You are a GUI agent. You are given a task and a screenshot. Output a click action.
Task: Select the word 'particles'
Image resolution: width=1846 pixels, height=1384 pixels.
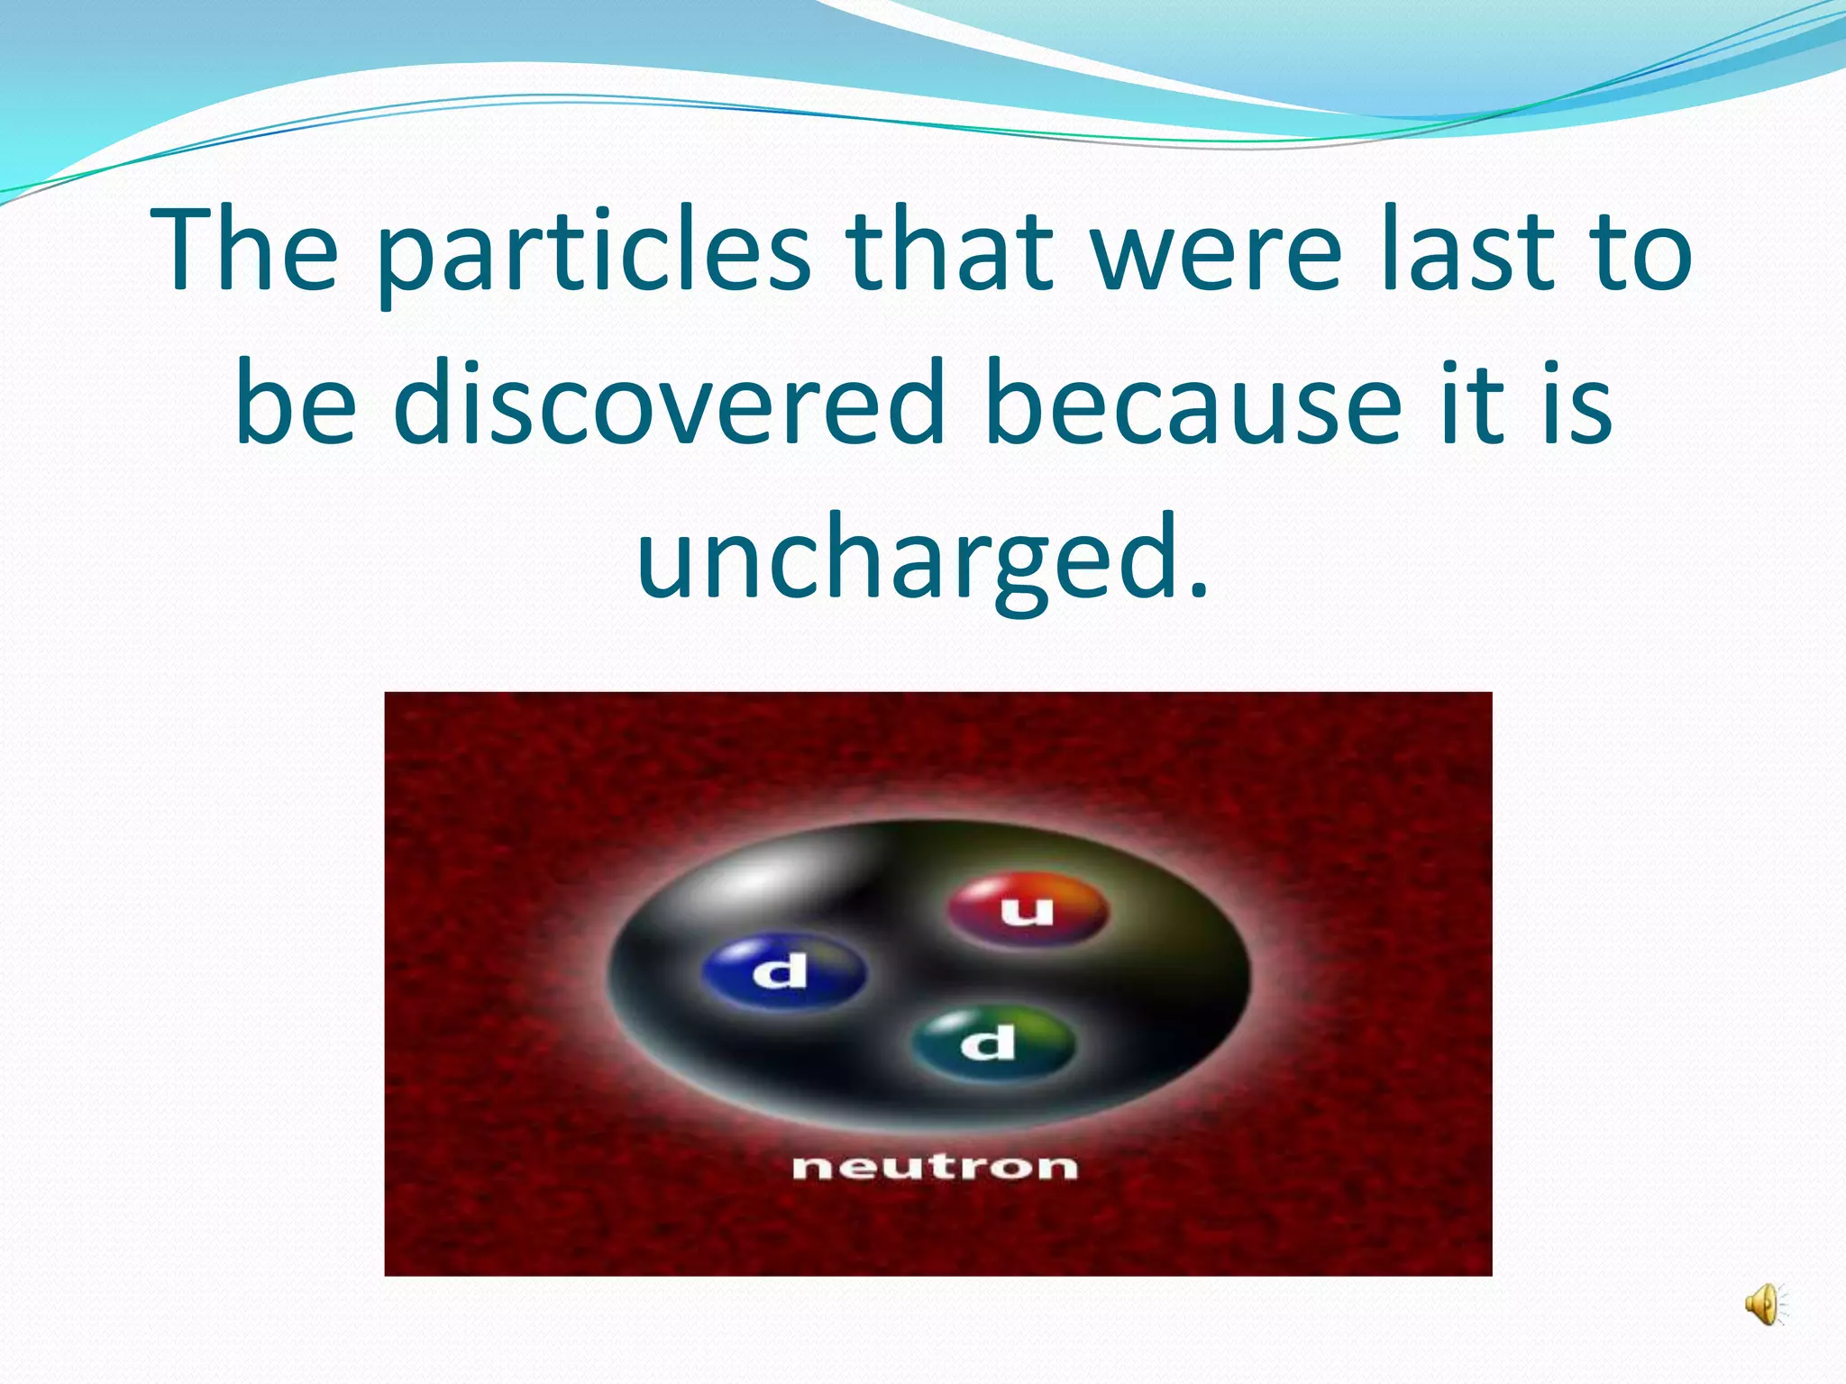point(594,257)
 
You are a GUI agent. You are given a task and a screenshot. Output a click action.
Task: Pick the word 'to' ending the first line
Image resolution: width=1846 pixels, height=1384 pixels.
point(1641,252)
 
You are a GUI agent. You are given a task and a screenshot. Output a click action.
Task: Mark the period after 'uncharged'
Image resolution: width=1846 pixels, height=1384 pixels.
point(1197,591)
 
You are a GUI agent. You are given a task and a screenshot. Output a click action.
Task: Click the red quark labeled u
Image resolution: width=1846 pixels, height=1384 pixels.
point(1027,910)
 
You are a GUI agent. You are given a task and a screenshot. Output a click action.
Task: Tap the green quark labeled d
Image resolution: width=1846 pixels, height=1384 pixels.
point(992,1043)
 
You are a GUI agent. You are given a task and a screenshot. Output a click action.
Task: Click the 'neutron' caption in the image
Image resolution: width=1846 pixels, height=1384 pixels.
point(935,1167)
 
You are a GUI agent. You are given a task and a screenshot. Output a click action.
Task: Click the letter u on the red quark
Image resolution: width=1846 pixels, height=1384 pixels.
point(1027,912)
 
